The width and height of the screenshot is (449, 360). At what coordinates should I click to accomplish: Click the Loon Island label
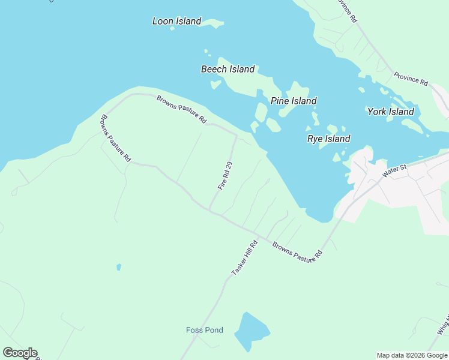click(176, 21)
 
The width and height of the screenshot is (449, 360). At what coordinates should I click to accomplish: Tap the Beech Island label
click(228, 69)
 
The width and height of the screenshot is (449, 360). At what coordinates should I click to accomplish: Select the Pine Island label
click(294, 101)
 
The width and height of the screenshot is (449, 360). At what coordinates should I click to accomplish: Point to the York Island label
click(390, 112)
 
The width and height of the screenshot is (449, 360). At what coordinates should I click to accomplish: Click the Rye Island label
click(328, 139)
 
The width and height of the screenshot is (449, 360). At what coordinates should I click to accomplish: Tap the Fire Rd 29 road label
click(225, 176)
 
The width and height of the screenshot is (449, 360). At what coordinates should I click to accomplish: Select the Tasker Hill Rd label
click(244, 258)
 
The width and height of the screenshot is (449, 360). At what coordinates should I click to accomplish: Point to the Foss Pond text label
click(204, 330)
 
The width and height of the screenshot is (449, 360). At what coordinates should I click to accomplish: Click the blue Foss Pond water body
click(251, 329)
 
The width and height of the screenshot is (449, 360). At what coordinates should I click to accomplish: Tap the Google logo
click(20, 353)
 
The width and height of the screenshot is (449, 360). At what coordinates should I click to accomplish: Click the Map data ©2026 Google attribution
click(412, 355)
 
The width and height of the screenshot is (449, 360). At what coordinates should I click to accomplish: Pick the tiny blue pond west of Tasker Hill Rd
click(119, 266)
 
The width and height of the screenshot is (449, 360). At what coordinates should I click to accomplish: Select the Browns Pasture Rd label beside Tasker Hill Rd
click(297, 251)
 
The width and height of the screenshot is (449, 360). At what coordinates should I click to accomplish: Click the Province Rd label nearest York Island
click(411, 78)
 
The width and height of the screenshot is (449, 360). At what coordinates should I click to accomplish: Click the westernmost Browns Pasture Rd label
click(115, 139)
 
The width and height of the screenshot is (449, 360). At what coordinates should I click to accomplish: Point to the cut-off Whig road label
click(443, 325)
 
